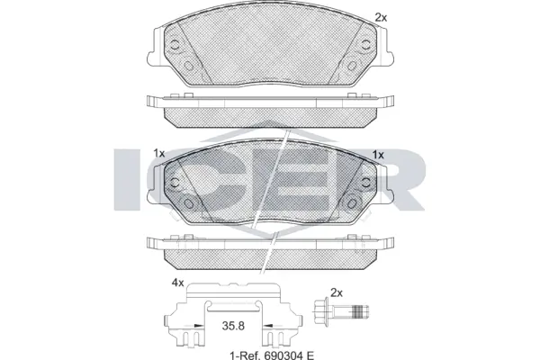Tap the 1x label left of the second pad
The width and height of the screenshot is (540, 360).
pyautogui.click(x=159, y=154)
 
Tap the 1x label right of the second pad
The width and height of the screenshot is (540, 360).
pyautogui.click(x=379, y=154)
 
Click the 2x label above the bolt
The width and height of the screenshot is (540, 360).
pyautogui.click(x=337, y=293)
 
